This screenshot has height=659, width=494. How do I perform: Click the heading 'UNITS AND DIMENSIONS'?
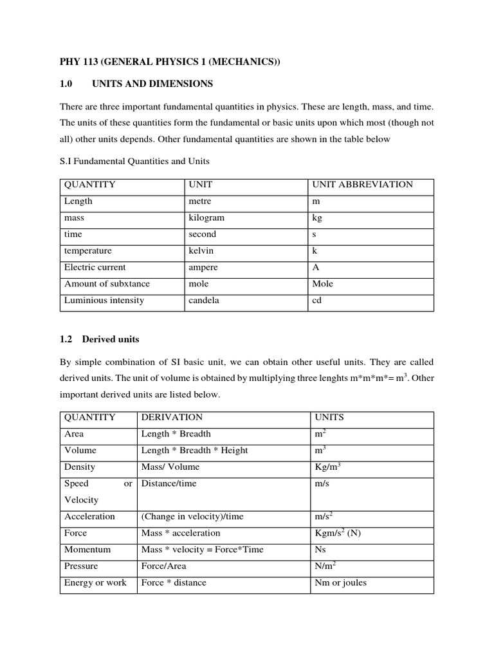point(152,84)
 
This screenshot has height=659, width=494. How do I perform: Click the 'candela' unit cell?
point(203,301)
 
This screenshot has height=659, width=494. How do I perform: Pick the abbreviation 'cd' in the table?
point(317,301)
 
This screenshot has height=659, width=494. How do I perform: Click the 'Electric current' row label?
point(95,267)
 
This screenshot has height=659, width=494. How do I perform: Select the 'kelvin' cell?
point(201,251)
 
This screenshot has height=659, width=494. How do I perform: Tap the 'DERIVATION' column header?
point(172,417)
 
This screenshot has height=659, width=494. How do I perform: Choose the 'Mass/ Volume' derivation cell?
point(170,467)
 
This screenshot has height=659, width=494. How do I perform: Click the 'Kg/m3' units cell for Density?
point(326,467)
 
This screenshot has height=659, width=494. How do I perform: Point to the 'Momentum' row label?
point(87,550)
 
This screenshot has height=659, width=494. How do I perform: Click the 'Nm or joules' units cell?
point(340,583)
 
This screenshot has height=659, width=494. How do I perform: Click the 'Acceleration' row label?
point(90,516)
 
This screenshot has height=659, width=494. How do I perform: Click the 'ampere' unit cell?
point(203,267)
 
